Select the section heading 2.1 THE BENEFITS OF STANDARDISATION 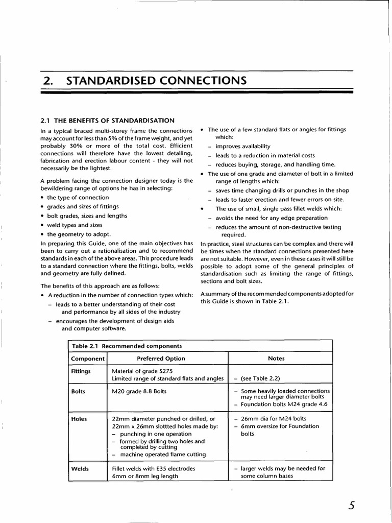pos(107,121)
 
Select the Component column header pos(87,359)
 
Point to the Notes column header pos(276,359)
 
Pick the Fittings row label pos(81,371)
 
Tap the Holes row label pos(79,419)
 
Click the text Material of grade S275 pos(144,371)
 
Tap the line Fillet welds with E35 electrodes pos(153,468)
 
